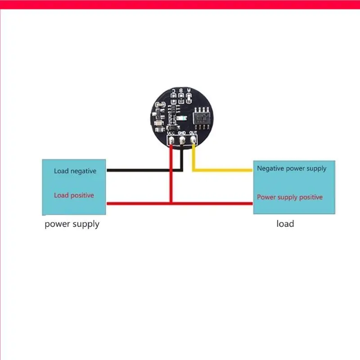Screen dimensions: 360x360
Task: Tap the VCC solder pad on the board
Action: pyautogui.click(x=171, y=141)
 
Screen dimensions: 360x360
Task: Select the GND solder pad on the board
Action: pyautogui.click(x=182, y=141)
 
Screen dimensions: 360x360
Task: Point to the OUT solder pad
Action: pyautogui.click(x=193, y=141)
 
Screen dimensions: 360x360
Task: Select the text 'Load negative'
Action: pyautogui.click(x=75, y=171)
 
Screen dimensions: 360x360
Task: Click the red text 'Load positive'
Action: pyautogui.click(x=74, y=195)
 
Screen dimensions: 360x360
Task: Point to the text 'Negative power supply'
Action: pyautogui.click(x=292, y=169)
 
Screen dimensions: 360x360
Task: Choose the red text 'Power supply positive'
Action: pyautogui.click(x=290, y=197)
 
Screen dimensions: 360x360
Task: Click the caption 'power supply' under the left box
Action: pyautogui.click(x=72, y=224)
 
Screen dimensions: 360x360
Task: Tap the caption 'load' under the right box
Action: pyautogui.click(x=285, y=223)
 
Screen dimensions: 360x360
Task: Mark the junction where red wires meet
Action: pyautogui.click(x=171, y=203)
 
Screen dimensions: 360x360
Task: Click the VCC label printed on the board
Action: pyautogui.click(x=171, y=133)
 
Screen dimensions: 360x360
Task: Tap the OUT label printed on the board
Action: pyautogui.click(x=193, y=133)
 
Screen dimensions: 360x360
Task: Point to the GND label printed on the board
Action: pyautogui.click(x=182, y=133)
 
